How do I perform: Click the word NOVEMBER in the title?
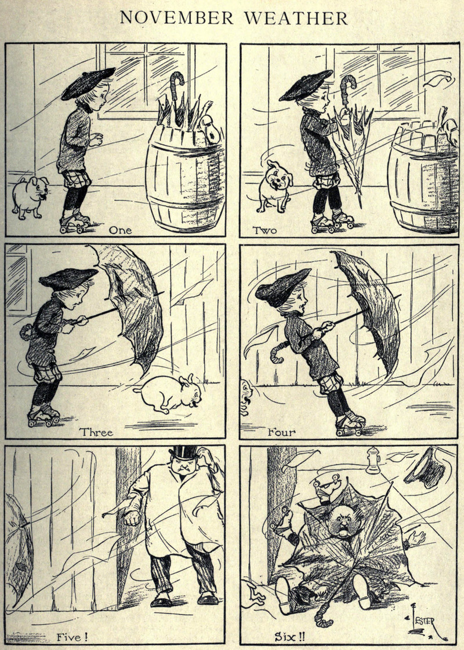pos(177,18)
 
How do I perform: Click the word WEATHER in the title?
pos(295,18)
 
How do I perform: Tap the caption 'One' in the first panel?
pos(121,230)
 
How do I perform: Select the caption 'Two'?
pos(264,230)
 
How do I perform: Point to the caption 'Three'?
pos(96,432)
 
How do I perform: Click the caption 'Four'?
pos(281,432)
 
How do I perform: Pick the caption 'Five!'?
pos(72,636)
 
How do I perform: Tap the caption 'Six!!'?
pos(289,636)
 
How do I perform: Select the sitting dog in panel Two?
pos(274,186)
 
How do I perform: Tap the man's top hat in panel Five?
pos(183,452)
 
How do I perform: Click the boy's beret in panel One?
pos(88,83)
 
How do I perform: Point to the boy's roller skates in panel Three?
pos(45,416)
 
